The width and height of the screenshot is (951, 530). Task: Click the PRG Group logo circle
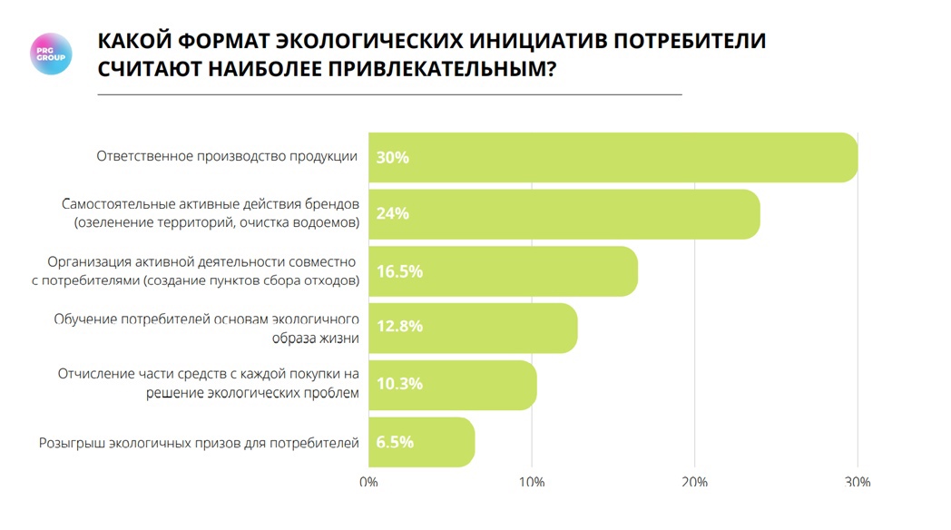(x=51, y=54)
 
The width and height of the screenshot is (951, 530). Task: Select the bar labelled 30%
(x=613, y=157)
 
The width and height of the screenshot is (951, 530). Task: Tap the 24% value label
(x=393, y=214)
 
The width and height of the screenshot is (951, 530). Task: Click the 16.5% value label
(x=400, y=271)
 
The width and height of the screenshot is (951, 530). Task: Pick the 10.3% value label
(x=400, y=384)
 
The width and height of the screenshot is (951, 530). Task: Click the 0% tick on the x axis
(x=368, y=482)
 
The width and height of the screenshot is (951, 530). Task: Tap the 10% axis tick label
(x=531, y=482)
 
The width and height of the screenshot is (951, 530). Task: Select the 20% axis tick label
(x=694, y=482)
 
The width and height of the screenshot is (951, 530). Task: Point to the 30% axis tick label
(x=857, y=482)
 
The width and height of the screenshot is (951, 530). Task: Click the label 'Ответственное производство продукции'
(x=227, y=156)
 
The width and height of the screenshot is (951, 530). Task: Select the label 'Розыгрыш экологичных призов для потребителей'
(x=200, y=443)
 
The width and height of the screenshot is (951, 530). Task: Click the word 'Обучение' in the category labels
(x=84, y=319)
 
